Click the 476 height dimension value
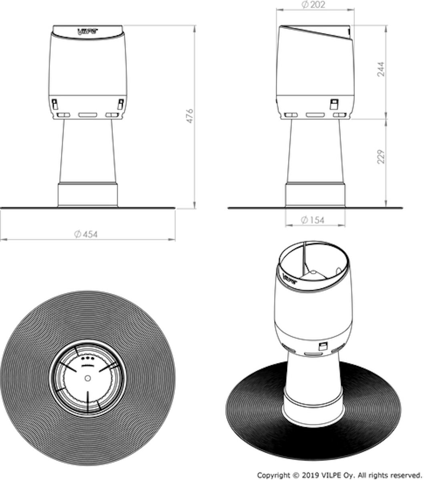pyautogui.click(x=190, y=116)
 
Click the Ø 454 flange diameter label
pyautogui.click(x=86, y=234)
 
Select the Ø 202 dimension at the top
pyautogui.click(x=313, y=4)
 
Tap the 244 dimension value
pyautogui.click(x=381, y=69)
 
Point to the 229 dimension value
pyautogui.click(x=381, y=157)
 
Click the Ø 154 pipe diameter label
pyautogui.click(x=312, y=220)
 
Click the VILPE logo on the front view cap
pyautogui.click(x=88, y=31)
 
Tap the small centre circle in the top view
pyautogui.click(x=88, y=378)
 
